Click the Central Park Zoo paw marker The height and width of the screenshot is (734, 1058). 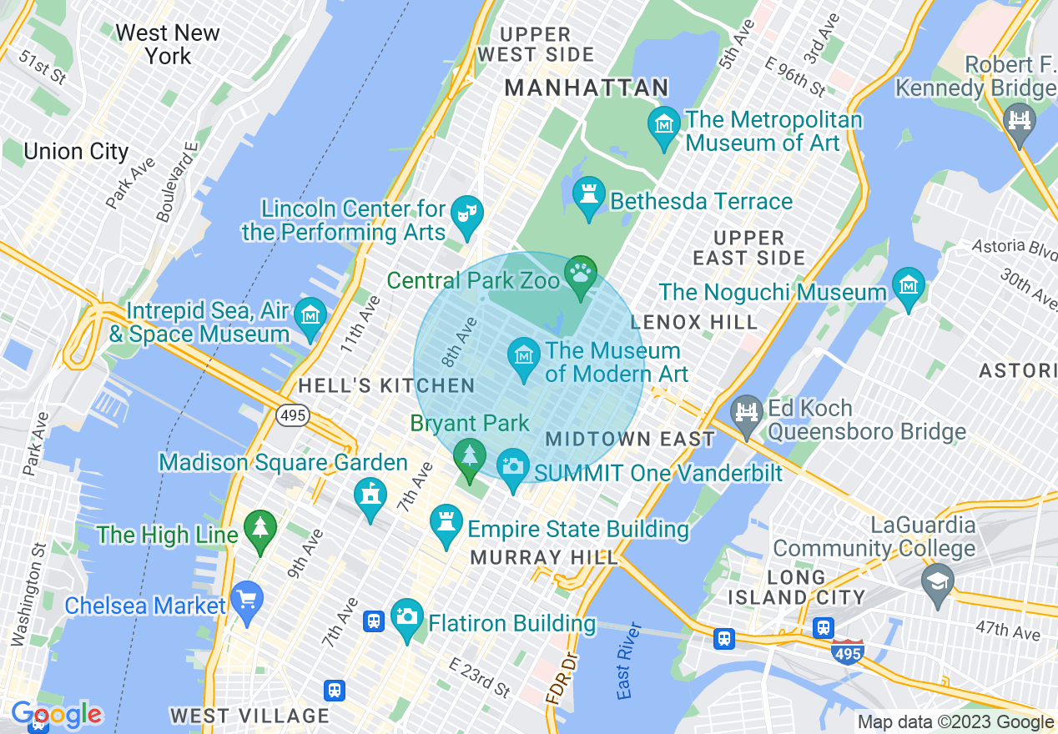[581, 273]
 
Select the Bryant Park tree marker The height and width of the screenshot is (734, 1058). [470, 456]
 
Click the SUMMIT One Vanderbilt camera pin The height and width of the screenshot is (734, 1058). [513, 466]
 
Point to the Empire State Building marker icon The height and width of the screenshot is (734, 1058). [446, 522]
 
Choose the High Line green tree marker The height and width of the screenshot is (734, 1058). [260, 528]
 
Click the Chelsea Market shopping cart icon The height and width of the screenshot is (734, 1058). [247, 599]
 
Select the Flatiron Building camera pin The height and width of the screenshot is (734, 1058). [406, 616]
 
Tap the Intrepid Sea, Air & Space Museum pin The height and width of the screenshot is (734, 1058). [310, 315]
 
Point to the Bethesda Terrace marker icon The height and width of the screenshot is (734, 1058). [589, 194]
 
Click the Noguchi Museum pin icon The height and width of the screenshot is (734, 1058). [909, 285]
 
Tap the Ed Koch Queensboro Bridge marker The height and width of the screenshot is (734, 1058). [747, 413]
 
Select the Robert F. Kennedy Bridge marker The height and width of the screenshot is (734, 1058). [1019, 120]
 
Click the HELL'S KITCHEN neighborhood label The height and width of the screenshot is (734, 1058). [386, 386]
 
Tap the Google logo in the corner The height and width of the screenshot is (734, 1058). [56, 714]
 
